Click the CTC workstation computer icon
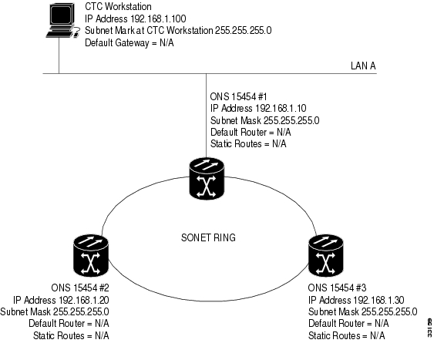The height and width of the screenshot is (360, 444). (62, 20)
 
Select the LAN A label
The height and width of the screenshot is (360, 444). (363, 66)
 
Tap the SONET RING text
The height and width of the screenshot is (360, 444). (208, 237)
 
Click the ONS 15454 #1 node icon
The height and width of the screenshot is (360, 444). (207, 178)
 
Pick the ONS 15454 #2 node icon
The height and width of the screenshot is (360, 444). (91, 255)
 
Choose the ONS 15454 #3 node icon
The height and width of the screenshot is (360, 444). (325, 255)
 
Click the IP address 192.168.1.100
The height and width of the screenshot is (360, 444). (158, 19)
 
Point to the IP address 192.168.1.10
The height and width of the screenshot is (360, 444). (281, 109)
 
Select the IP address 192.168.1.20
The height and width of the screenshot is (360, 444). (84, 300)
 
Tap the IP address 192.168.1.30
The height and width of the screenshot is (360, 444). (378, 300)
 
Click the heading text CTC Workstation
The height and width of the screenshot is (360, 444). (118, 6)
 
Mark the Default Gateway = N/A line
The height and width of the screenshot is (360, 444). (129, 42)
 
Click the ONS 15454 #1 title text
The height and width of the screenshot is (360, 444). (238, 96)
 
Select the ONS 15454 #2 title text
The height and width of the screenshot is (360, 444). (80, 288)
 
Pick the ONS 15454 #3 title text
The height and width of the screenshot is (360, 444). (337, 288)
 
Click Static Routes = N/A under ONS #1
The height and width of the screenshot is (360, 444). (248, 144)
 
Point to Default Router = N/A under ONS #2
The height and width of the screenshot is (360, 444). (69, 324)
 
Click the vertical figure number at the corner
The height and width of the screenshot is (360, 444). (429, 328)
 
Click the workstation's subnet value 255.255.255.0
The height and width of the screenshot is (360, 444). (243, 30)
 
